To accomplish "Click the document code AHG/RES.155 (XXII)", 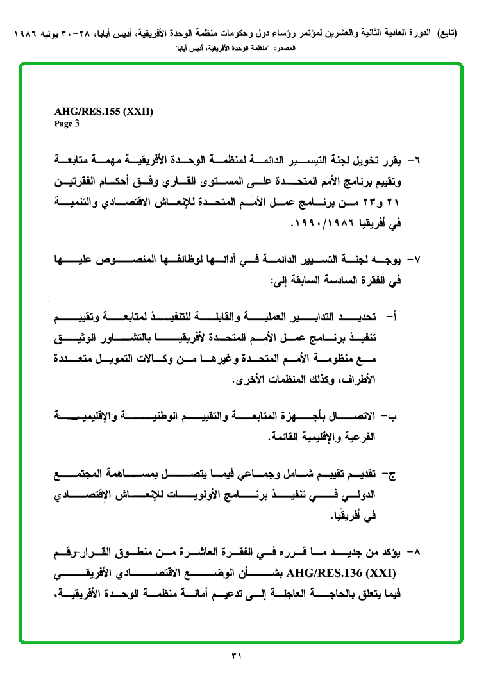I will (x=103, y=112).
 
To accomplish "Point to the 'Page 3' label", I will (x=67, y=124).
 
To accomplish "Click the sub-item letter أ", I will (x=395, y=316).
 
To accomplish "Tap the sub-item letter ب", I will (x=394, y=418).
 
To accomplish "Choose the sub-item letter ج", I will (x=393, y=475).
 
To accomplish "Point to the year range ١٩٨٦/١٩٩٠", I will (x=325, y=225).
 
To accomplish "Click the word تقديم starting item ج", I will (x=366, y=475).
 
